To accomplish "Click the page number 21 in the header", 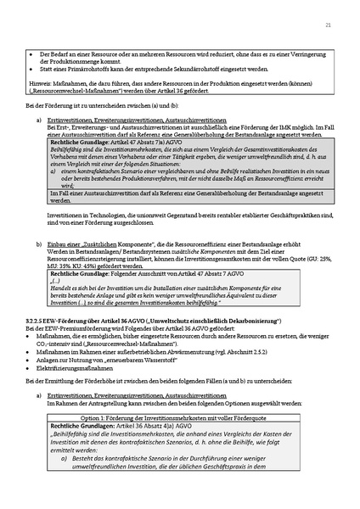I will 328,26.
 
